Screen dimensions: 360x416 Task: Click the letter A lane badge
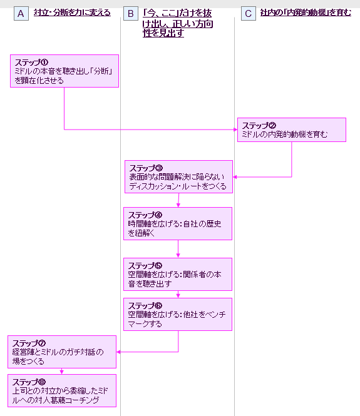coord(21,14)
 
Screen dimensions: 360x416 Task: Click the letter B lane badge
coord(131,14)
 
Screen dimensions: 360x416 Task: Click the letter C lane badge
coord(248,14)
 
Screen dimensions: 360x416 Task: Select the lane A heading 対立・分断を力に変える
coord(72,13)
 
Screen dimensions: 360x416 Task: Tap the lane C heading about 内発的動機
coord(306,13)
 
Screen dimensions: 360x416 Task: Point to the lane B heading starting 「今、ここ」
coord(178,23)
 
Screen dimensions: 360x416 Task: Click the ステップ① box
coord(64,71)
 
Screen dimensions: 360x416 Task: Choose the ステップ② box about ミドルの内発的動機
coord(292,129)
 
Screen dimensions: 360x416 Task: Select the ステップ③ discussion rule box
coord(178,176)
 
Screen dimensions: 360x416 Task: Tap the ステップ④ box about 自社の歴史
coord(178,224)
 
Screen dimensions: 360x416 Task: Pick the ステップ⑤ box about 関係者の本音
coord(178,275)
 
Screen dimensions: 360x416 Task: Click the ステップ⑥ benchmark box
coord(178,315)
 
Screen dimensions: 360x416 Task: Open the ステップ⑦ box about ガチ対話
coord(62,352)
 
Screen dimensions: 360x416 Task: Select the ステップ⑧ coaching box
coord(62,390)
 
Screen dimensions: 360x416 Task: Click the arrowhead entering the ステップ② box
coord(235,129)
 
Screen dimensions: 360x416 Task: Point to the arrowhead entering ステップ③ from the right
coord(235,177)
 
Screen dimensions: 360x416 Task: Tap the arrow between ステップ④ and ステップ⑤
coord(178,249)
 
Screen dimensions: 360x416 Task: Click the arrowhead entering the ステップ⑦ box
coord(118,352)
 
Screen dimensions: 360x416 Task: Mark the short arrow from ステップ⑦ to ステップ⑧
coord(61,371)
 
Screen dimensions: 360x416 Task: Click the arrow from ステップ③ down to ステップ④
coord(178,200)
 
